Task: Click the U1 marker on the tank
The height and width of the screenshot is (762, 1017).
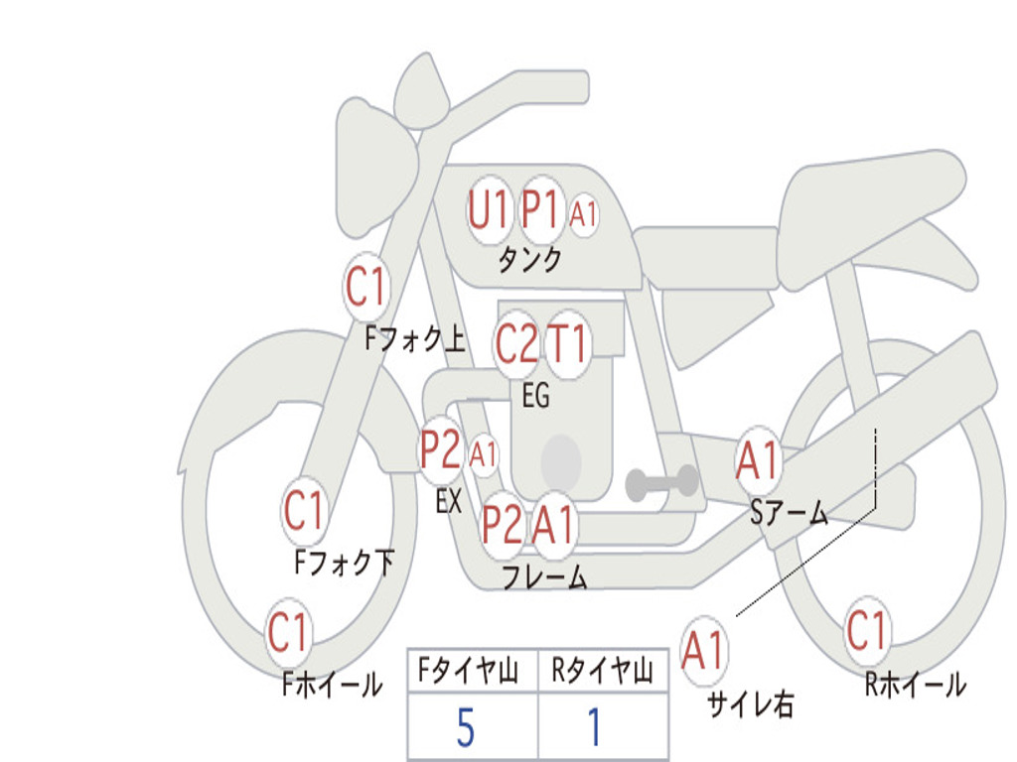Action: pos(489,210)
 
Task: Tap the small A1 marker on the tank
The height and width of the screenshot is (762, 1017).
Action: pos(583,213)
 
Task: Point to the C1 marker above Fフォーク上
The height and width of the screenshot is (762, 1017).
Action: pos(365,287)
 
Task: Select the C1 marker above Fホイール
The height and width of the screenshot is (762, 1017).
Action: pos(287,632)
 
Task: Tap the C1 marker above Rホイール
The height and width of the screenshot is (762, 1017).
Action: pos(866,630)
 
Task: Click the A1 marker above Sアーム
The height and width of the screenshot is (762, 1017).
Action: pos(757,460)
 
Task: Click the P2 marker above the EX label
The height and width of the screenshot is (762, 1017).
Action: pos(440,449)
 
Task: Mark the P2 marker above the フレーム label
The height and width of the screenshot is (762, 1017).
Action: pos(503,525)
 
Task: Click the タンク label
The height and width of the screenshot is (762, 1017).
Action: pos(530,260)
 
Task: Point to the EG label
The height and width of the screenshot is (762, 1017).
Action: pos(535,395)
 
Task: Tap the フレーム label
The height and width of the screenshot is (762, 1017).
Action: pos(545,576)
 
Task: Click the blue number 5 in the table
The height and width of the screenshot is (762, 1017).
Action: pos(466,727)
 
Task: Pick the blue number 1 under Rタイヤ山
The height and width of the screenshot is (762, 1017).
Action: pos(594,727)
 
